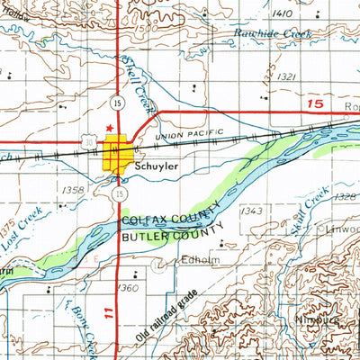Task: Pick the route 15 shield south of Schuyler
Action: [119, 193]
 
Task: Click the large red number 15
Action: [313, 105]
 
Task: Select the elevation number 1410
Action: [283, 13]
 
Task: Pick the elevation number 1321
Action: [287, 77]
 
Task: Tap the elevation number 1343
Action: [252, 211]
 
